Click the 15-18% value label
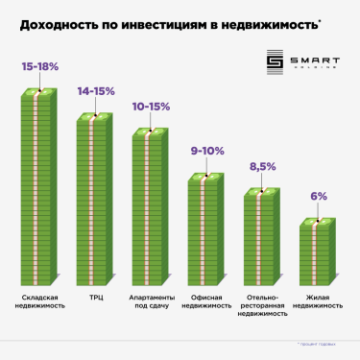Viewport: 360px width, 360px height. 39,69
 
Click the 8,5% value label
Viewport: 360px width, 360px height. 262,167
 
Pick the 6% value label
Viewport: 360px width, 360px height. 318,196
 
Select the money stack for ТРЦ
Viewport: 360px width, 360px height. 95,197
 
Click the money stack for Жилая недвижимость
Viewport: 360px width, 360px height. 318,250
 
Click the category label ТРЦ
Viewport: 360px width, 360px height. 95,298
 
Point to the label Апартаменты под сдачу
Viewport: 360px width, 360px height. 151,301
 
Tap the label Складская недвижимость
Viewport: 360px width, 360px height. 39,301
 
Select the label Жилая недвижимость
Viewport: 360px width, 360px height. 318,301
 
